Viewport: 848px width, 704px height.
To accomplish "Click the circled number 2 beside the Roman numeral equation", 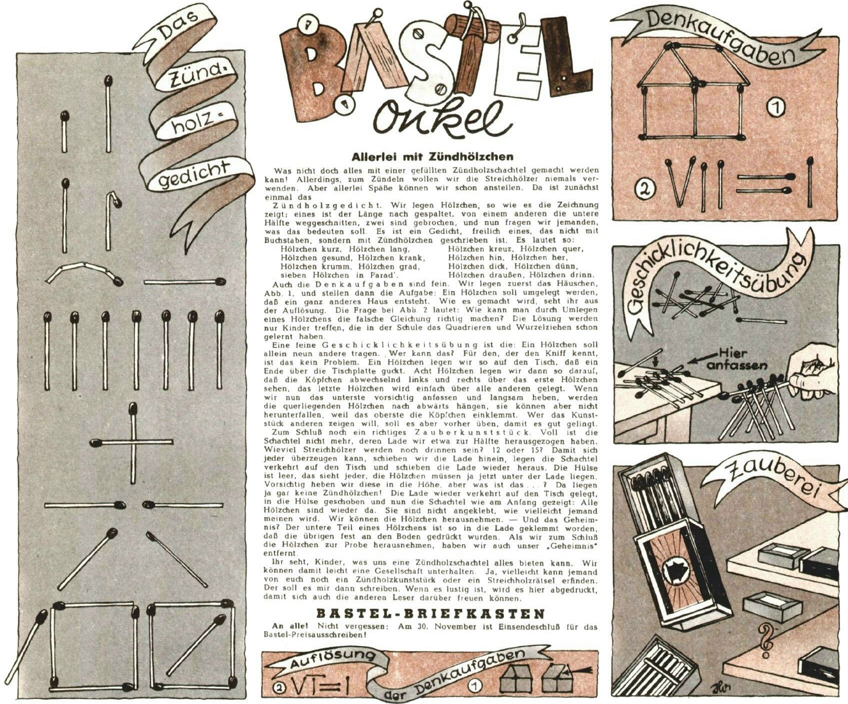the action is point(645,190).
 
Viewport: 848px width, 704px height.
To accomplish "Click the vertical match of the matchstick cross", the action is point(133,443).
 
